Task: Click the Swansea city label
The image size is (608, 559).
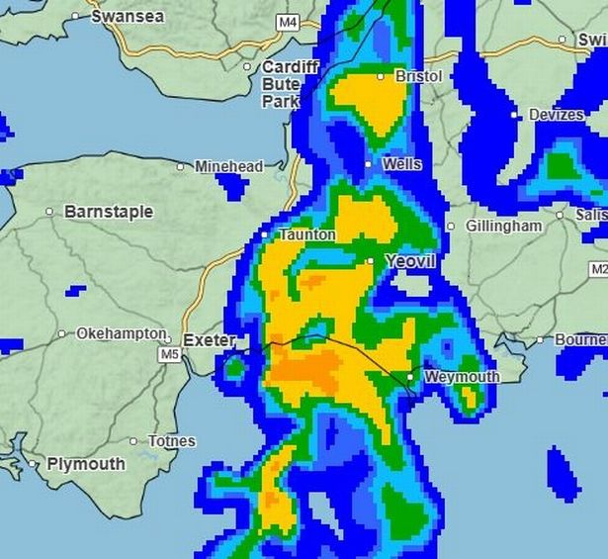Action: pos(130,16)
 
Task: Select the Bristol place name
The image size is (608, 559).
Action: pos(418,76)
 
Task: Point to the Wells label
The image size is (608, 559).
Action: pos(402,164)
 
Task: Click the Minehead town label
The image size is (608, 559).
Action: pos(228,167)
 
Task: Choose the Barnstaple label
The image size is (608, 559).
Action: pos(109,212)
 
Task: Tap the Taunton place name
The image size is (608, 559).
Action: pos(307,235)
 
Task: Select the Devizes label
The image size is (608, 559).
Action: pos(556,116)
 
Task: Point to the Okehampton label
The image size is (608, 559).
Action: pos(122,334)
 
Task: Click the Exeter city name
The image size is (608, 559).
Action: pos(210,341)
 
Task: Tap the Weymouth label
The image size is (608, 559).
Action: pos(462,377)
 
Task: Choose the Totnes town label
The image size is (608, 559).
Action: pos(171,441)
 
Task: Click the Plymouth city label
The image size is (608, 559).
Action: pos(86,464)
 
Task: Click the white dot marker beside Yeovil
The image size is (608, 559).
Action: pos(370,261)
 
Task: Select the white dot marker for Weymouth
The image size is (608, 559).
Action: pos(410,377)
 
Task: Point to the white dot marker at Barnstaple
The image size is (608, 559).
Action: pos(49,212)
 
